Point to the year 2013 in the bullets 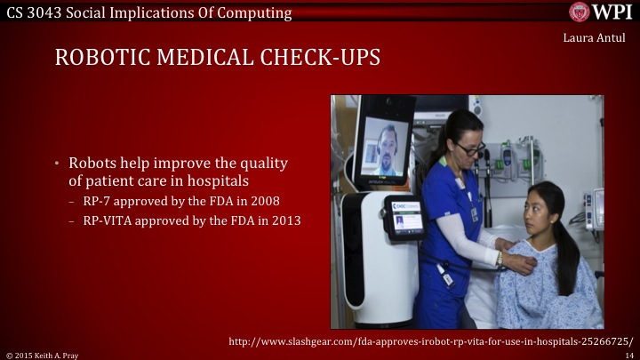tap(287, 220)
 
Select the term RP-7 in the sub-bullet tap(97, 202)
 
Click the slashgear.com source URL tap(430, 341)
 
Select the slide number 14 tap(628, 354)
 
